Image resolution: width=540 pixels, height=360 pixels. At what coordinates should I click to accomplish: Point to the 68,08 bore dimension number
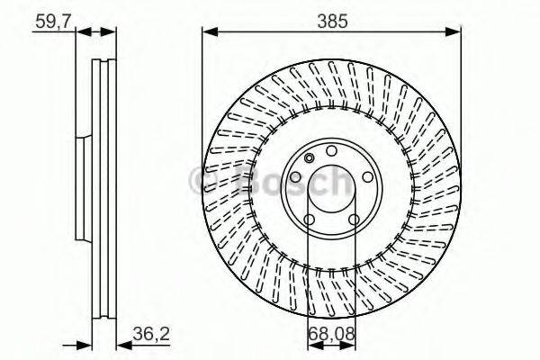(x=329, y=335)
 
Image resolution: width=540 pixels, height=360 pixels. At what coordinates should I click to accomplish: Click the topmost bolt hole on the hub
(x=331, y=150)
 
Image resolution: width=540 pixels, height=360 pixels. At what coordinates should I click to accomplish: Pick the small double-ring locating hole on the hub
(x=310, y=159)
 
